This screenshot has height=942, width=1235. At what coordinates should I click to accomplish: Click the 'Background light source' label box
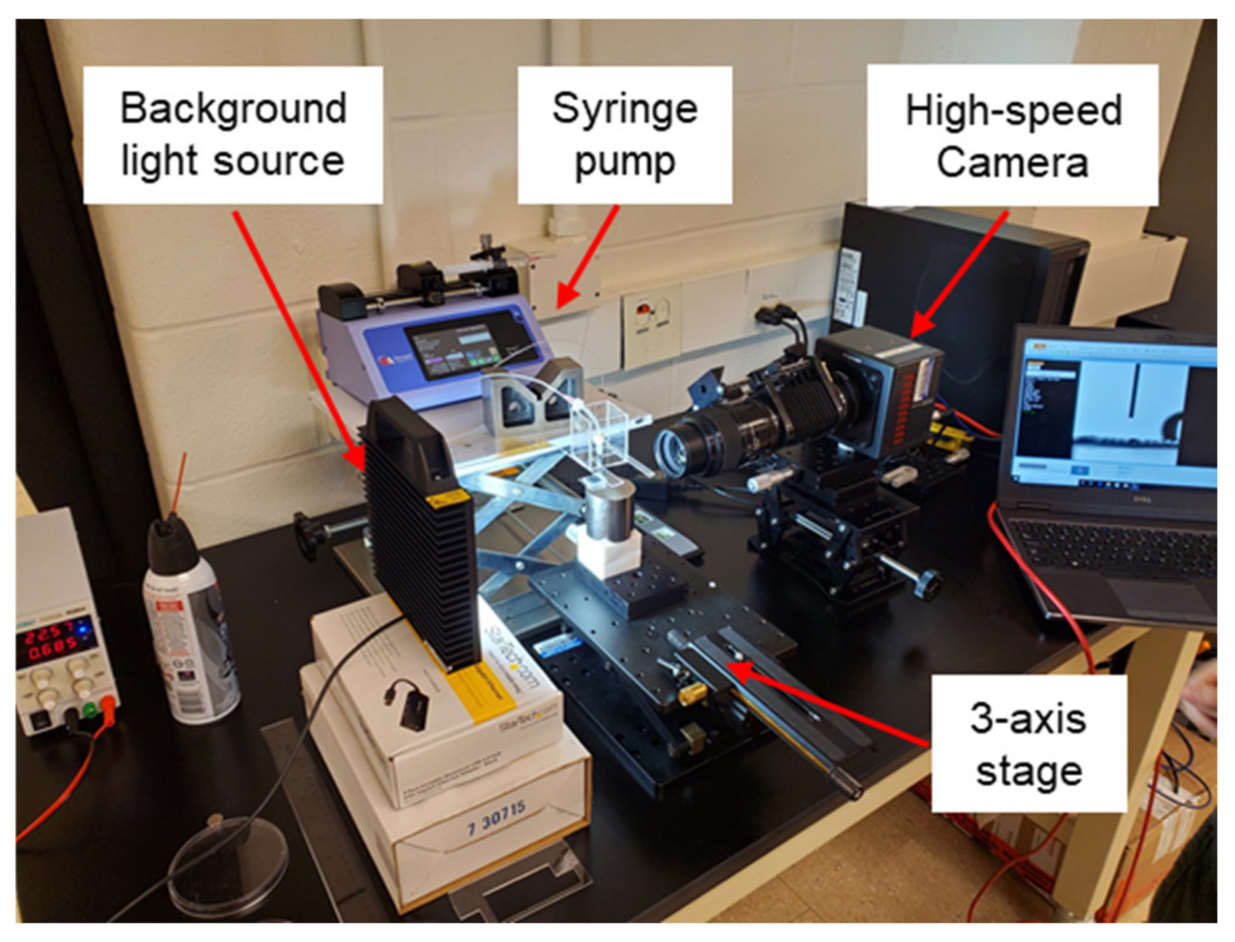233,135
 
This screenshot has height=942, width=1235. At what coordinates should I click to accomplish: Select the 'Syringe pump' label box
625,135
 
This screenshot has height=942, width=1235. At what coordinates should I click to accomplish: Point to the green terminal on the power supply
90,709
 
